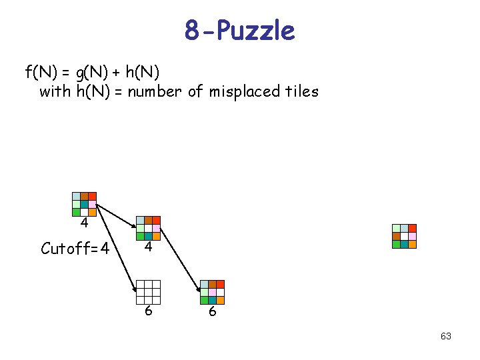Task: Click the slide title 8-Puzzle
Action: pos(240,31)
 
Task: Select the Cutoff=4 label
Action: pos(75,249)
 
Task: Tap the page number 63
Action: pos(446,336)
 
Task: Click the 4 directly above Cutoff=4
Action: pos(85,222)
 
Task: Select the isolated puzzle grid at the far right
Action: pos(404,236)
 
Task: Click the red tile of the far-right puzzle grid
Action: pos(412,228)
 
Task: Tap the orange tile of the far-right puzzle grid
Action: pos(412,244)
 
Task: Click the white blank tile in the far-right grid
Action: pos(404,236)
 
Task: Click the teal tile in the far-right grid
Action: pos(404,244)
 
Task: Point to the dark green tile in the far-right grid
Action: pos(396,244)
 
